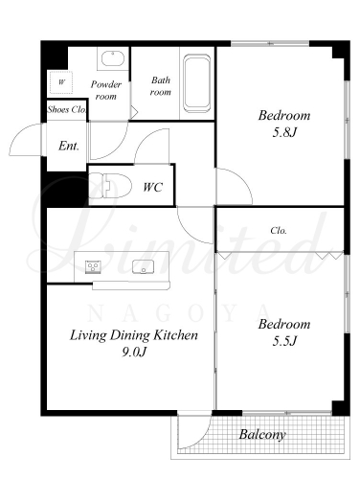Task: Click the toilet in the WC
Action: (110, 186)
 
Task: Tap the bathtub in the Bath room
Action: (197, 83)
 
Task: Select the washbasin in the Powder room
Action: (113, 58)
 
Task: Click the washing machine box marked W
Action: (61, 82)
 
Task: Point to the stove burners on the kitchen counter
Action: (93, 266)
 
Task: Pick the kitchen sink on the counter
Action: (144, 267)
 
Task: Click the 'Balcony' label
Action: (262, 435)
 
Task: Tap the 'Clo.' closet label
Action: (279, 230)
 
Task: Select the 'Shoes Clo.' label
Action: (67, 109)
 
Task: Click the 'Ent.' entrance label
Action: (69, 146)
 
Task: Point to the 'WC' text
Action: (153, 187)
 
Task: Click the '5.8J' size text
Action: (284, 132)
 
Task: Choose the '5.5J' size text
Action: (284, 341)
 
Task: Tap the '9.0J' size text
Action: (134, 352)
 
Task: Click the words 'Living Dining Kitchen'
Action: (134, 335)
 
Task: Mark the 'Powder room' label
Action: (106, 90)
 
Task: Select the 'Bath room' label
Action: (161, 86)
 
